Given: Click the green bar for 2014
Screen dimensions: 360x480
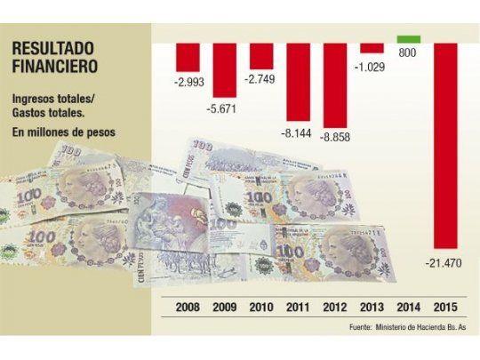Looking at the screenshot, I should (x=409, y=38).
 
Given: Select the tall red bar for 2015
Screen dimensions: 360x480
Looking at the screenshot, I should (x=445, y=142).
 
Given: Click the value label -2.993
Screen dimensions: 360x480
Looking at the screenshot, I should (x=188, y=83).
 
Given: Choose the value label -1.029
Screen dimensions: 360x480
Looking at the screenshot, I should (x=372, y=67).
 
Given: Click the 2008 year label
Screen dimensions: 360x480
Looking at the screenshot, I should (x=188, y=308).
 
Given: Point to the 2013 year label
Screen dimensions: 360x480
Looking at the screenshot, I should (x=372, y=308).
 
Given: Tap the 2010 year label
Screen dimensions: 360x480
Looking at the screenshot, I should (x=261, y=308).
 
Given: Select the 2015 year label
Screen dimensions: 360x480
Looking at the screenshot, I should (x=445, y=308).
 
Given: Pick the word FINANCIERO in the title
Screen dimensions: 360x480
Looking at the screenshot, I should (x=57, y=66).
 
